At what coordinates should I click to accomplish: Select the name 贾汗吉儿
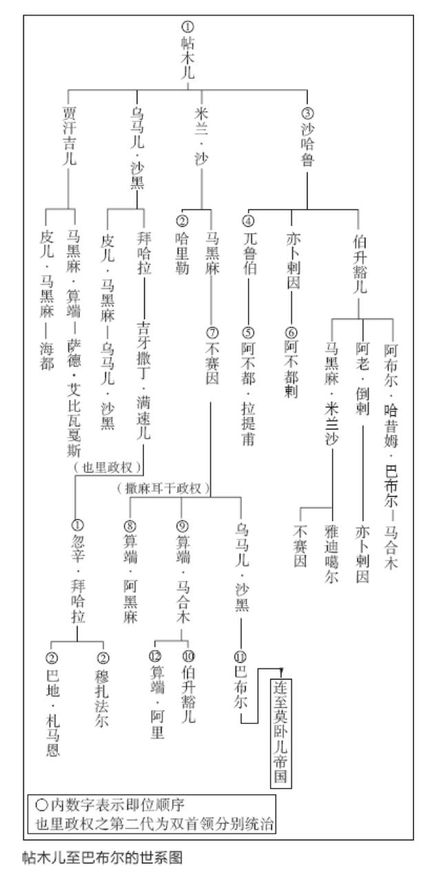[70, 137]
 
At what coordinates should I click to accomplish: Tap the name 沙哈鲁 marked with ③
[307, 144]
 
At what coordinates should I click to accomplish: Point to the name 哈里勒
[182, 253]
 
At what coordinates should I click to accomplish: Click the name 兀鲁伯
[249, 253]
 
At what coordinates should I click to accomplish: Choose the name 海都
[47, 356]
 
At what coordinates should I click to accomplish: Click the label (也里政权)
[107, 467]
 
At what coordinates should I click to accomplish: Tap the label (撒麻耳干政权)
[163, 488]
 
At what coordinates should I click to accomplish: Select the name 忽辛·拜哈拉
[77, 578]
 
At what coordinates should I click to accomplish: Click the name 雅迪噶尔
[331, 554]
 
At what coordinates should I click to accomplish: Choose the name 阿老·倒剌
[362, 379]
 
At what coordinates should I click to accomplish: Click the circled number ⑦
[212, 333]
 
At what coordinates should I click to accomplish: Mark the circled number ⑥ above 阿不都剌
[291, 333]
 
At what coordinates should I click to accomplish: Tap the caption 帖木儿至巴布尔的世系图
[103, 858]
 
